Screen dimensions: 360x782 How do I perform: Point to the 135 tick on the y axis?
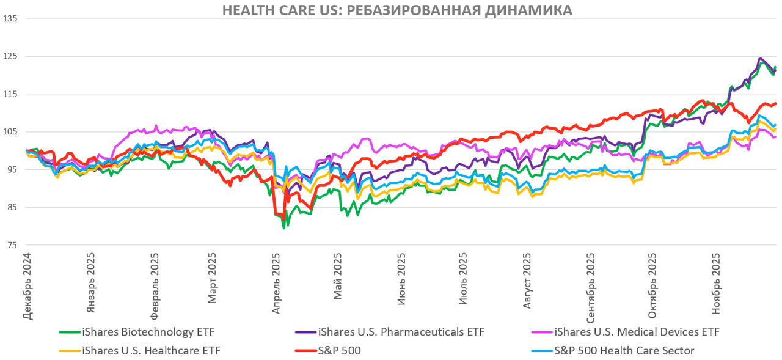coord(10,18)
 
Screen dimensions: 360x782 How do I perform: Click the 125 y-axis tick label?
coord(10,56)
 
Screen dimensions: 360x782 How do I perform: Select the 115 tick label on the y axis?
coord(10,94)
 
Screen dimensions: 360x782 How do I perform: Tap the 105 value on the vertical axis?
coord(10,132)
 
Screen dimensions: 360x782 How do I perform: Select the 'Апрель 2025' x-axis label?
coord(276,284)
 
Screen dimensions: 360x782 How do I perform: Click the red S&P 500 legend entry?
coord(339,351)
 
